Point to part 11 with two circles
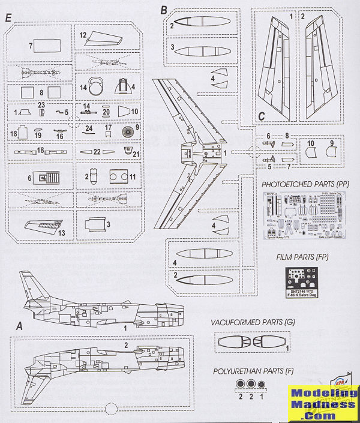click(119, 178)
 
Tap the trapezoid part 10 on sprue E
click(124, 111)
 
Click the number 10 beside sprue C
click(310, 144)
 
